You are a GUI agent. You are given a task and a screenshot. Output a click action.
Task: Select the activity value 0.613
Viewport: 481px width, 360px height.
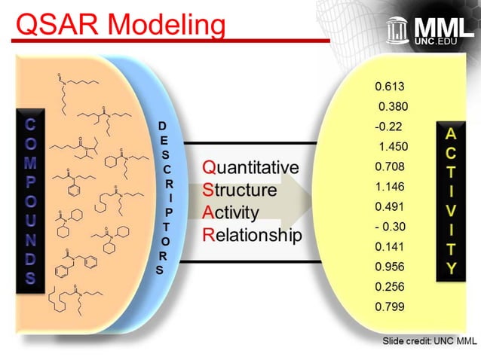coord(390,87)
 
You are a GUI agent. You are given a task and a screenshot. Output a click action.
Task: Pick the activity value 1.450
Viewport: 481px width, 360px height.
coord(394,146)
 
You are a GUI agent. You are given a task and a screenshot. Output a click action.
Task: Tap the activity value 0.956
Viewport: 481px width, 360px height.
coord(390,267)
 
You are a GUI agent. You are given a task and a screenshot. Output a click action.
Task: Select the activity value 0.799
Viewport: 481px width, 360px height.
coord(390,307)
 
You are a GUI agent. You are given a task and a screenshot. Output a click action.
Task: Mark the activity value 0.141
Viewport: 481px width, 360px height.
coord(390,246)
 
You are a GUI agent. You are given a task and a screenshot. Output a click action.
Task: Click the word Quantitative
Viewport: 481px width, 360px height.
coord(250,166)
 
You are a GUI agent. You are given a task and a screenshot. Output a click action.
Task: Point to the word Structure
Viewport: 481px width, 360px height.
coord(239,190)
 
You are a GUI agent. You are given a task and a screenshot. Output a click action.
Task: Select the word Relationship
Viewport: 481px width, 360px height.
coord(252,235)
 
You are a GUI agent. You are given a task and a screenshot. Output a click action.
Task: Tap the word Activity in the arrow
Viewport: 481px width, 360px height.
coord(231,212)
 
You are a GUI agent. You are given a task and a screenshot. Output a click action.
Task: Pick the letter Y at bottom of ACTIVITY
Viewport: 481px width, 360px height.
coord(451,268)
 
